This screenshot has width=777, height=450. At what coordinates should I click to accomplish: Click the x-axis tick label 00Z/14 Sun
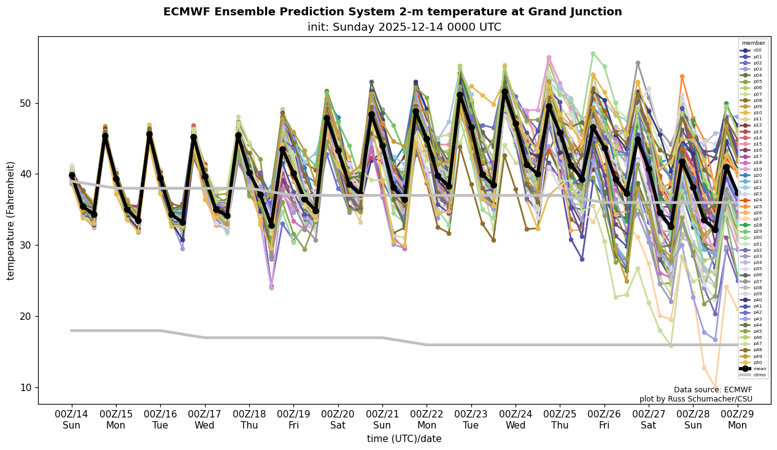click(x=71, y=420)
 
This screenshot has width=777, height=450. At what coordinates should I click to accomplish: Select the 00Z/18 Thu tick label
click(x=249, y=420)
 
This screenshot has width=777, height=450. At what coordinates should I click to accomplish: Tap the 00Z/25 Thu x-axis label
click(x=560, y=420)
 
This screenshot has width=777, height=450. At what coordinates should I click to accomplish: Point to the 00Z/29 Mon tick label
click(x=737, y=420)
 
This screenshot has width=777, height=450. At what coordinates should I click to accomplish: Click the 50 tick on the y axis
click(x=26, y=103)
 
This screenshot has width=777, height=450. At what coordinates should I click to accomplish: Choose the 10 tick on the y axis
click(x=26, y=387)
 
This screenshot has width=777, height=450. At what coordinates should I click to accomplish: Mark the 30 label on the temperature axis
click(x=26, y=246)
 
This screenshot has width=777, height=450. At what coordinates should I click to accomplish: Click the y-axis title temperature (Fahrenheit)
click(x=11, y=220)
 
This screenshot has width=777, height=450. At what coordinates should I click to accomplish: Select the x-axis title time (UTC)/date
click(x=404, y=439)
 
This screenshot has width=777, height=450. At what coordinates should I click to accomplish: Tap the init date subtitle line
click(x=404, y=27)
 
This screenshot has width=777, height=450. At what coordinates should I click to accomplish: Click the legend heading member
click(x=754, y=43)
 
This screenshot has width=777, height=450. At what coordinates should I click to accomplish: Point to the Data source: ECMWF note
click(x=713, y=390)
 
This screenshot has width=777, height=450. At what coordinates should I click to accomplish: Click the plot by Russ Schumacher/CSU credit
click(x=695, y=399)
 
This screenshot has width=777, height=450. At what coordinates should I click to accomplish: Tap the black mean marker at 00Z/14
click(x=72, y=175)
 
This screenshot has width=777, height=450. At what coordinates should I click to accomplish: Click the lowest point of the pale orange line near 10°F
click(x=715, y=387)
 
